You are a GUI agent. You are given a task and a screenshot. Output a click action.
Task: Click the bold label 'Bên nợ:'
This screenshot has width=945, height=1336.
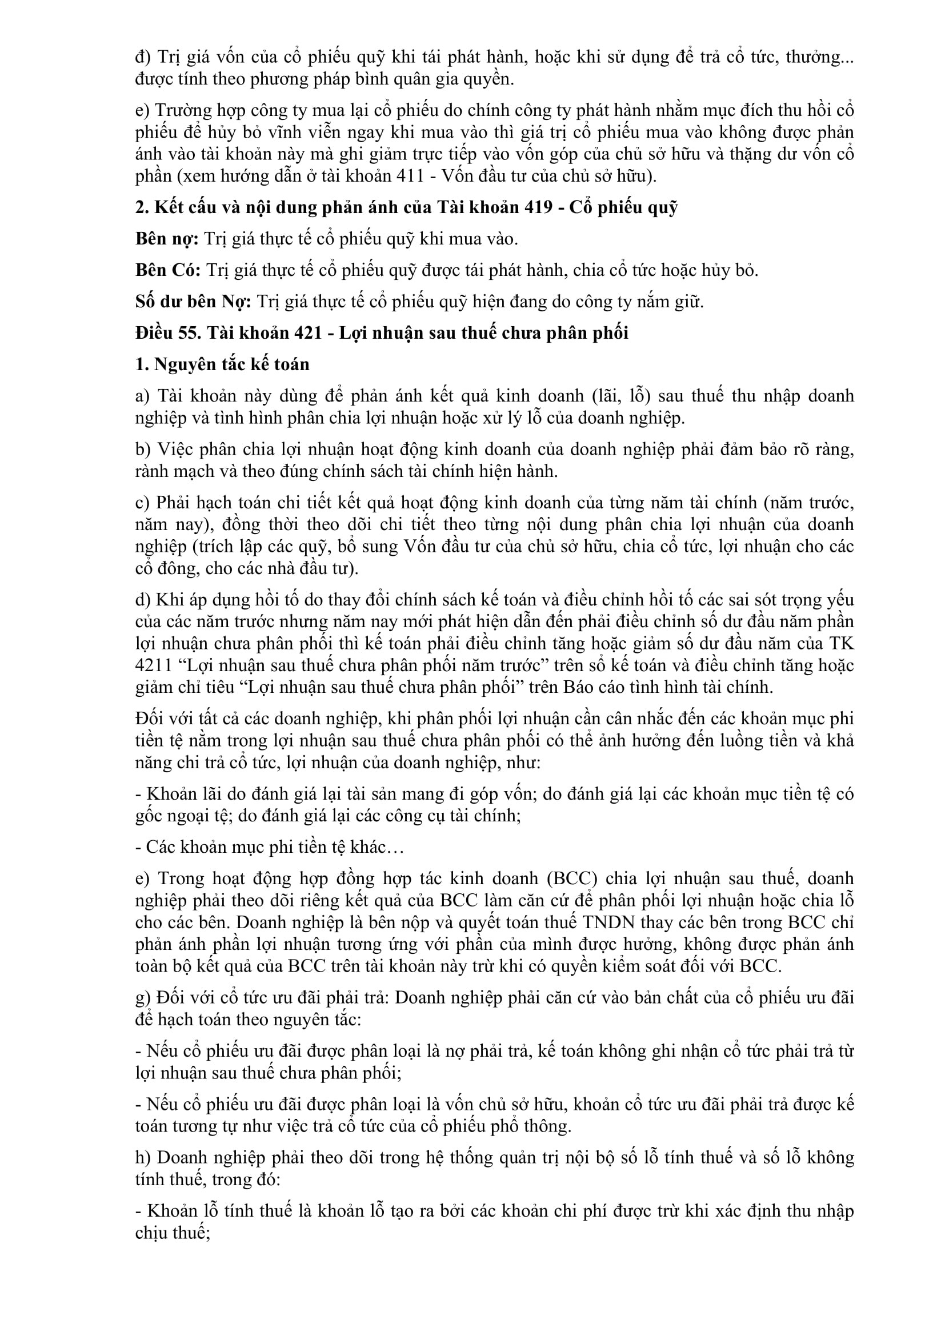(x=167, y=239)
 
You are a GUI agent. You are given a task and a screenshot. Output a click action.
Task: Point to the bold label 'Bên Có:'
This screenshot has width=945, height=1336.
(x=168, y=271)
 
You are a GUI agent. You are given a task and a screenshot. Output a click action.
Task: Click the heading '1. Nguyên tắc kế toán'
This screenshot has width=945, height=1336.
(x=222, y=364)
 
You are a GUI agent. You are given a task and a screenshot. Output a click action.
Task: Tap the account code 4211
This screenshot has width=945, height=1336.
(x=152, y=665)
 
